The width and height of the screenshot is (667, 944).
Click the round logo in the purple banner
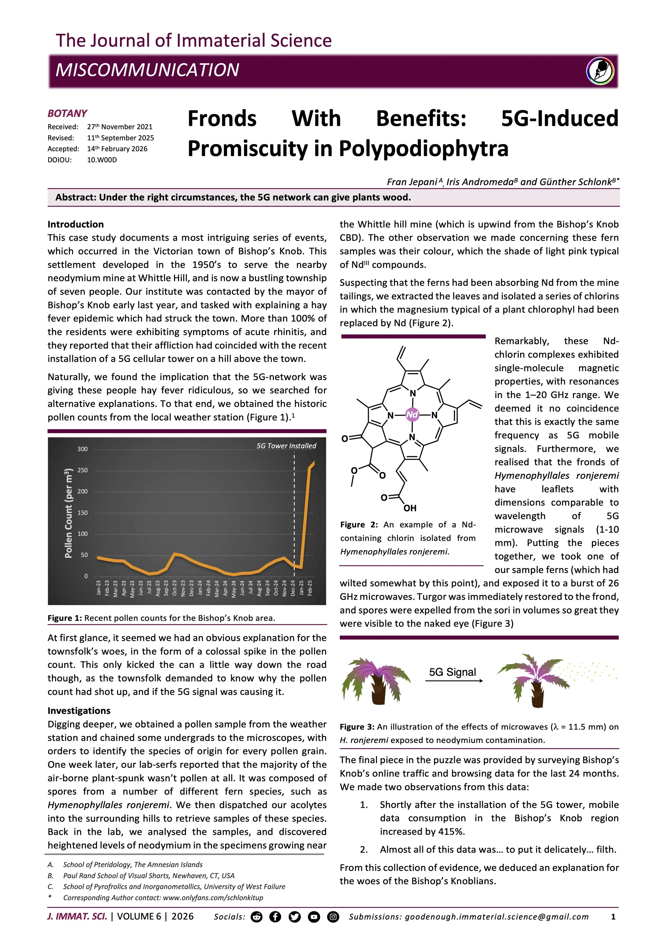pyautogui.click(x=600, y=71)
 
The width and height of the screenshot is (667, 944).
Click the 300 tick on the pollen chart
pyautogui.click(x=82, y=449)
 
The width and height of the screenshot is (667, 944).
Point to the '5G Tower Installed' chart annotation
pyautogui.click(x=286, y=446)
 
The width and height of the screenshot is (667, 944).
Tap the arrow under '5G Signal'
pyautogui.click(x=454, y=681)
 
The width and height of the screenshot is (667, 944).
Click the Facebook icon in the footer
pyautogui.click(x=275, y=916)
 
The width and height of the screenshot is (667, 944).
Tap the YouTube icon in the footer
pyautogui.click(x=314, y=916)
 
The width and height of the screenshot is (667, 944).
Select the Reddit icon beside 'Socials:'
pyautogui.click(x=256, y=916)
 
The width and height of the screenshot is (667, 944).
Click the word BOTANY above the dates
pyautogui.click(x=67, y=113)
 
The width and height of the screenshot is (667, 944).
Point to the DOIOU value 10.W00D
pyautogui.click(x=102, y=160)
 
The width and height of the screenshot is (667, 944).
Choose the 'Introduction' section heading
pyautogui.click(x=76, y=224)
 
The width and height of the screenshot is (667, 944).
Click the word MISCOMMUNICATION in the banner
pyautogui.click(x=147, y=70)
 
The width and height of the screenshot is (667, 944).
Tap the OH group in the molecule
pyautogui.click(x=410, y=508)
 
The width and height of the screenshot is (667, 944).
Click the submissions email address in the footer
pyautogui.click(x=497, y=916)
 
